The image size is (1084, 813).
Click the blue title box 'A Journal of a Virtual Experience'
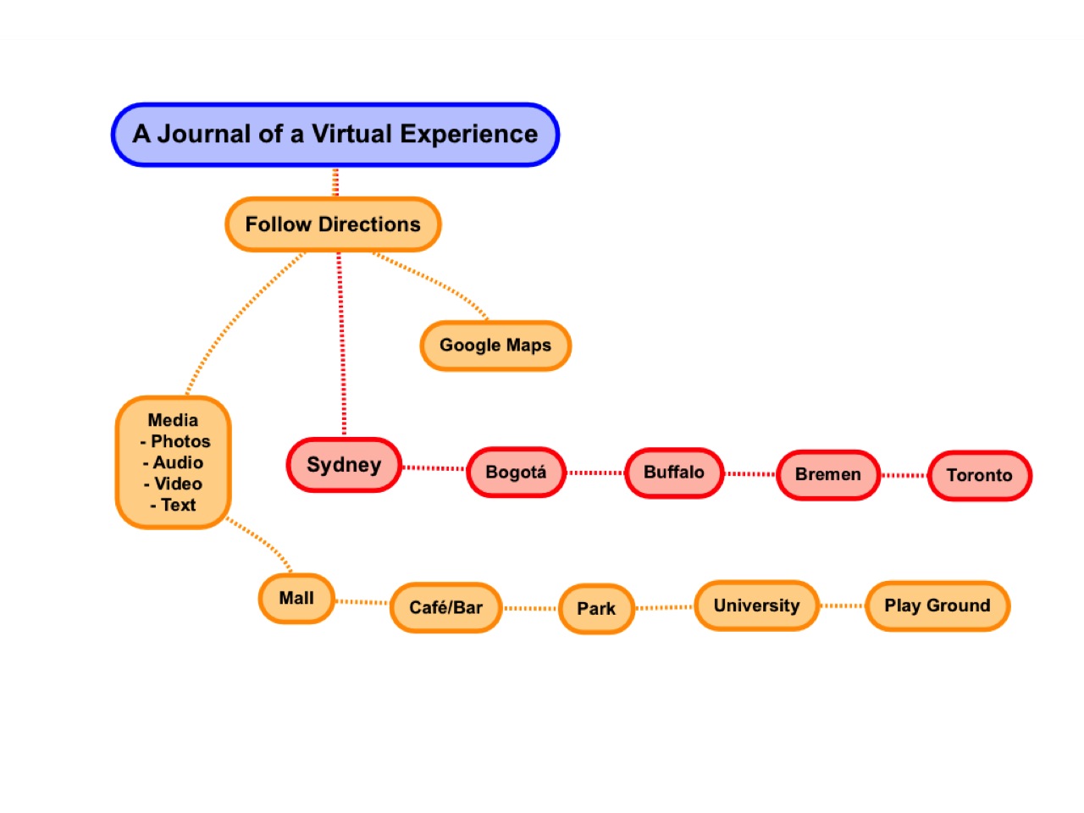335,135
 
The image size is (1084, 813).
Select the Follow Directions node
333,224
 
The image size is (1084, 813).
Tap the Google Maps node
495,346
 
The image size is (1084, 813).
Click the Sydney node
344,465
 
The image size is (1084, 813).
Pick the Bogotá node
516,473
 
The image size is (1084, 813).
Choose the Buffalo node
674,473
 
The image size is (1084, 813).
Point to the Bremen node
827,475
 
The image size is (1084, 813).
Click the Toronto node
980,476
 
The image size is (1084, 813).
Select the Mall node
296,599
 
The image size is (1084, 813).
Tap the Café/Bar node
445,607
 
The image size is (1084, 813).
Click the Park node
596,609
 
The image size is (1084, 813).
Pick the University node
756,606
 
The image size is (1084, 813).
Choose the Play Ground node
937,606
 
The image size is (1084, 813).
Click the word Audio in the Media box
178,463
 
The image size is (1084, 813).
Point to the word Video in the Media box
178,484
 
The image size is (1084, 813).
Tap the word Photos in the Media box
180,442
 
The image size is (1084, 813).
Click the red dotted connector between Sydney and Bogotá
434,468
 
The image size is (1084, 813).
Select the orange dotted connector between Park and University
665,607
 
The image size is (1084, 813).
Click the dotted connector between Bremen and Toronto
904,476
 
